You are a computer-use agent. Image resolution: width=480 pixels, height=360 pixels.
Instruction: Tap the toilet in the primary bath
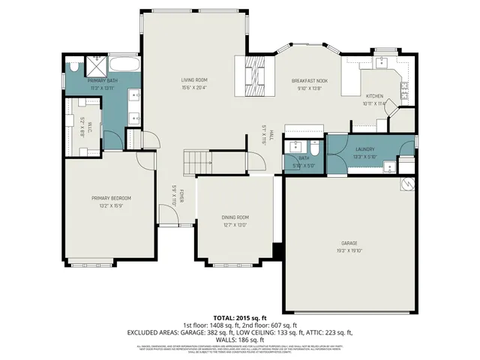(x=73, y=67)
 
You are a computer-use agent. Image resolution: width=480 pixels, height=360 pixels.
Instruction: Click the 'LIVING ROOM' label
(x=193, y=79)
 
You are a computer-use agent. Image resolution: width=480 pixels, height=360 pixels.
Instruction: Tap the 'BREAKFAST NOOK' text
(x=309, y=80)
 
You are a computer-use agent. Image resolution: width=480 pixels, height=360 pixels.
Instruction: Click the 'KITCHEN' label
(x=374, y=96)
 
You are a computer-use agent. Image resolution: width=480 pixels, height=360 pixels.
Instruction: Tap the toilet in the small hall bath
(x=315, y=147)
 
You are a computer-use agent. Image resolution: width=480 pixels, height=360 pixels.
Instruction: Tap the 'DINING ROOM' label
(x=235, y=217)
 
